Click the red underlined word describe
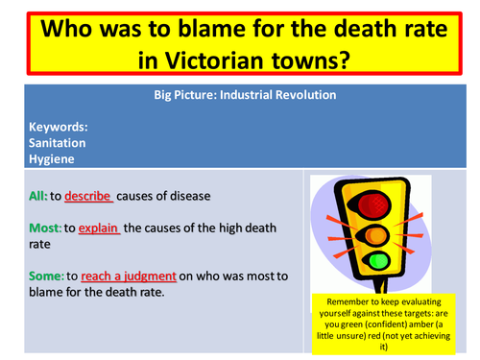point(88,196)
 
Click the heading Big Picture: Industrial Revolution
point(244,95)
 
